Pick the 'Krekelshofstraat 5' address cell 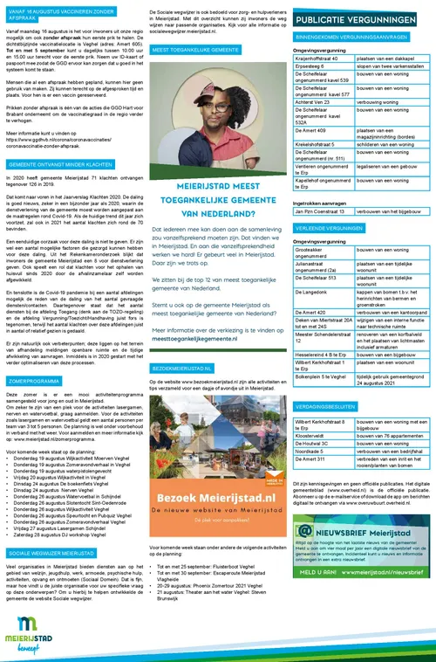[319, 140]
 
